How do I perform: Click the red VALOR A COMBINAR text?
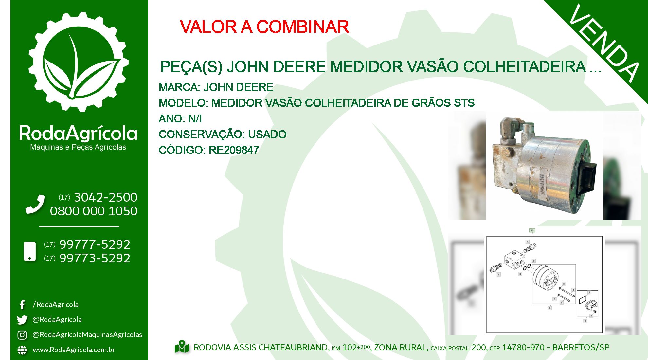pos(264,27)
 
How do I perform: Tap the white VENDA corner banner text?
pos(604,44)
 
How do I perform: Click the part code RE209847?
pos(234,150)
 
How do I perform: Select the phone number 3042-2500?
pos(106,197)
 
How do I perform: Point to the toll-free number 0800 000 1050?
pos(94,211)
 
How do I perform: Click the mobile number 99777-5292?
pos(95,244)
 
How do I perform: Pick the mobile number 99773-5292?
pos(95,258)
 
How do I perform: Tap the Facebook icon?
pos(22,305)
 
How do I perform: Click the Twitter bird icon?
pos(22,320)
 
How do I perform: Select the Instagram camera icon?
pos(22,335)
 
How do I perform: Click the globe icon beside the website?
pos(22,350)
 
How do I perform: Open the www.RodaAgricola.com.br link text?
pos(74,350)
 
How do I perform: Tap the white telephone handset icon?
pos(35,204)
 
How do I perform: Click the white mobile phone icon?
pos(30,251)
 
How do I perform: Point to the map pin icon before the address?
pos(182,347)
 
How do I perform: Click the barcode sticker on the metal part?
pos(542,183)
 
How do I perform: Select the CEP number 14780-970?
pos(523,348)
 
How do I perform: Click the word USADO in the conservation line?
pos(267,134)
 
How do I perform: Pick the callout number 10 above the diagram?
pos(532,231)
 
